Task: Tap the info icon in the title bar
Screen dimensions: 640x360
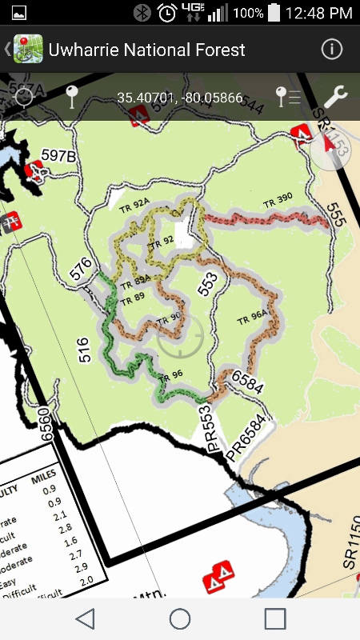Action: (331, 49)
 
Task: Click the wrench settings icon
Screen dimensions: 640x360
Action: (334, 98)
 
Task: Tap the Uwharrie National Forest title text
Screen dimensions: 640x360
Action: (146, 50)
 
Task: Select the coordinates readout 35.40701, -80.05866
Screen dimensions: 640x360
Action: (179, 98)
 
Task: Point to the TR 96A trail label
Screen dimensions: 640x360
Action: (252, 317)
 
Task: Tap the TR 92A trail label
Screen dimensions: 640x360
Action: (134, 206)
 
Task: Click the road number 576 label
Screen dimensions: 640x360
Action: (81, 268)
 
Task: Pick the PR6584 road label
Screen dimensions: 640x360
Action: (245, 439)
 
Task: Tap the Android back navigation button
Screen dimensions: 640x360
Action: (85, 618)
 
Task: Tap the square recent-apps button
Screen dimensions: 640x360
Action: (275, 618)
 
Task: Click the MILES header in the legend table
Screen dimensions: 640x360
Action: (43, 478)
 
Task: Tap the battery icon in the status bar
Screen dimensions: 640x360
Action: (274, 13)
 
